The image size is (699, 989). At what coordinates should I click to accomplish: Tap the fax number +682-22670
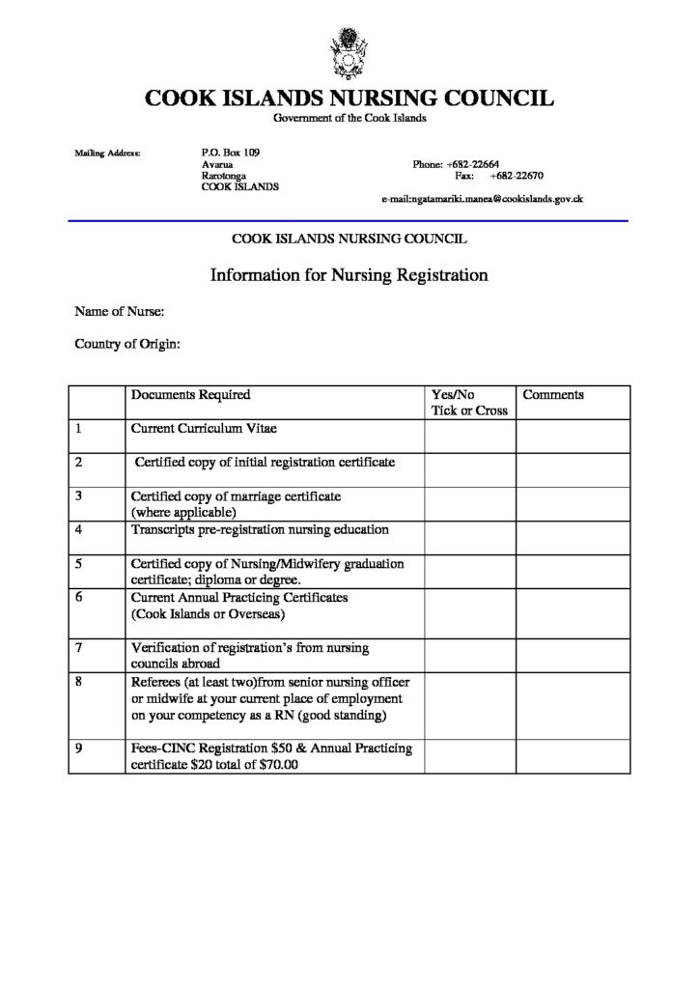pyautogui.click(x=517, y=177)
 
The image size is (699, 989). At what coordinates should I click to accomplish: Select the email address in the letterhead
pyautogui.click(x=483, y=199)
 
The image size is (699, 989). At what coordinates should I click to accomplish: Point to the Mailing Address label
pyautogui.click(x=107, y=153)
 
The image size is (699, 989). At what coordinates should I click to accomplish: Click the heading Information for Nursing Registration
pyautogui.click(x=349, y=275)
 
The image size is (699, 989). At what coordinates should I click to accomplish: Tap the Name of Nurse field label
pyautogui.click(x=119, y=311)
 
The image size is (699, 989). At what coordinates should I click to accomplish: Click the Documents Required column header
pyautogui.click(x=191, y=395)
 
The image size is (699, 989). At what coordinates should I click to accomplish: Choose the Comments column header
pyautogui.click(x=553, y=395)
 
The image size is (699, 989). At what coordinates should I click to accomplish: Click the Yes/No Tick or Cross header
pyautogui.click(x=469, y=403)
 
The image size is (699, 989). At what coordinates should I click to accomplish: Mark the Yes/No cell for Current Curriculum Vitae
pyautogui.click(x=469, y=434)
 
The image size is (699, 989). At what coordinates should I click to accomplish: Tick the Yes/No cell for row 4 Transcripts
pyautogui.click(x=469, y=537)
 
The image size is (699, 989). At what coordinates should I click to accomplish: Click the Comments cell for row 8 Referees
pyautogui.click(x=573, y=704)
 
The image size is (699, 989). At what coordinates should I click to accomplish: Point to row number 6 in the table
pyautogui.click(x=78, y=597)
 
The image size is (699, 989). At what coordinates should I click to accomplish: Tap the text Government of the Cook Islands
pyautogui.click(x=349, y=118)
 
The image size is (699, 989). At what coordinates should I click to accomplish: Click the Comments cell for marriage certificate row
pyautogui.click(x=573, y=504)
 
